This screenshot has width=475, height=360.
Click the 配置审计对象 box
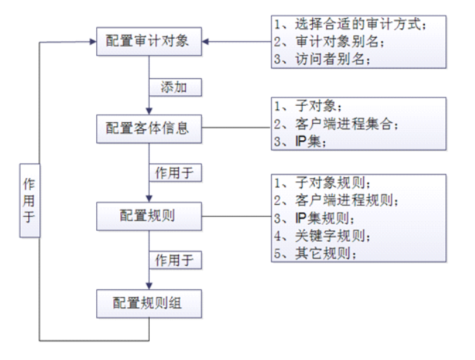(x=148, y=42)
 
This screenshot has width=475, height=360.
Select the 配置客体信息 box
(x=148, y=128)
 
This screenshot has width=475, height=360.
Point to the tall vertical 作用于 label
(x=30, y=201)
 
